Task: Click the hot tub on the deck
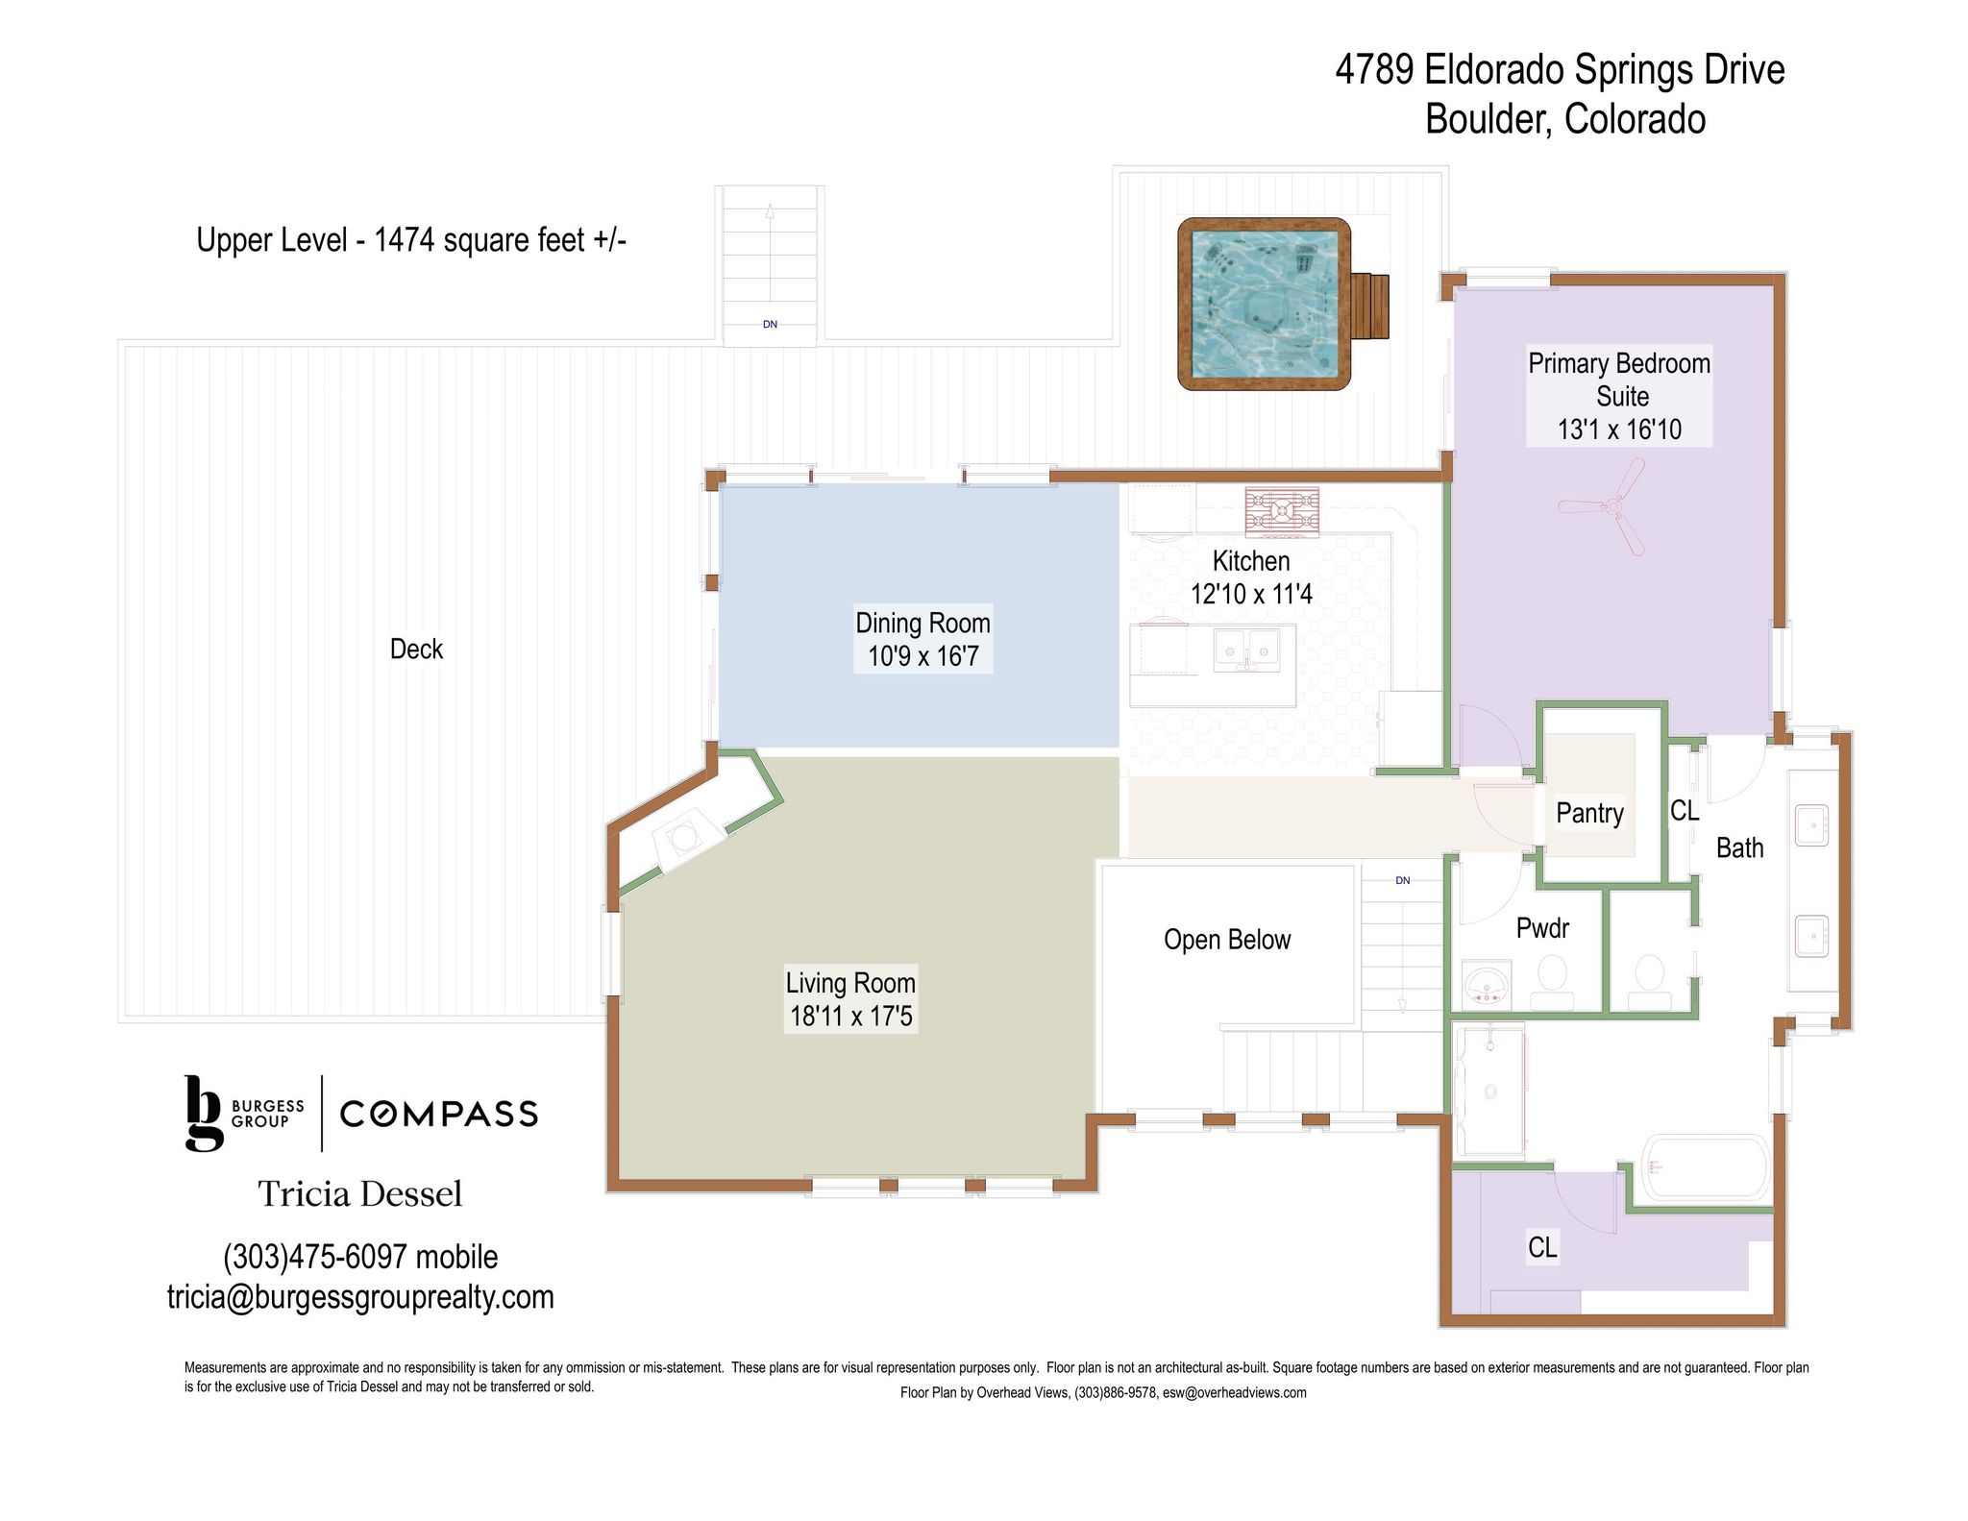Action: [x=1264, y=304]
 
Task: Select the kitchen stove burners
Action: [x=1282, y=511]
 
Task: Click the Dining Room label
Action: [x=922, y=623]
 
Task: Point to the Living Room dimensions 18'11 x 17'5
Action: [x=850, y=1016]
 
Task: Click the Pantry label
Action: [x=1589, y=813]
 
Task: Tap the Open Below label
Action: [x=1227, y=939]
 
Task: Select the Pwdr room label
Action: [x=1542, y=927]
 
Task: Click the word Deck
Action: [x=416, y=649]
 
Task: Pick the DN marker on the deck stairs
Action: [x=770, y=325]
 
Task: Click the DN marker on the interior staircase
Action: [x=1403, y=880]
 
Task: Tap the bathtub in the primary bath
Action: [x=1706, y=1168]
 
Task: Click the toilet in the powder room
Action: [x=1552, y=978]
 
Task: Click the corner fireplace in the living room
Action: [x=683, y=837]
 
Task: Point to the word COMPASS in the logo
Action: [x=439, y=1114]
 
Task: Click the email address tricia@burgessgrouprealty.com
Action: [x=360, y=1296]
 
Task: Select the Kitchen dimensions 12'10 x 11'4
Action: [x=1251, y=594]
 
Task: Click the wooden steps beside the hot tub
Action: [x=1370, y=306]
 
